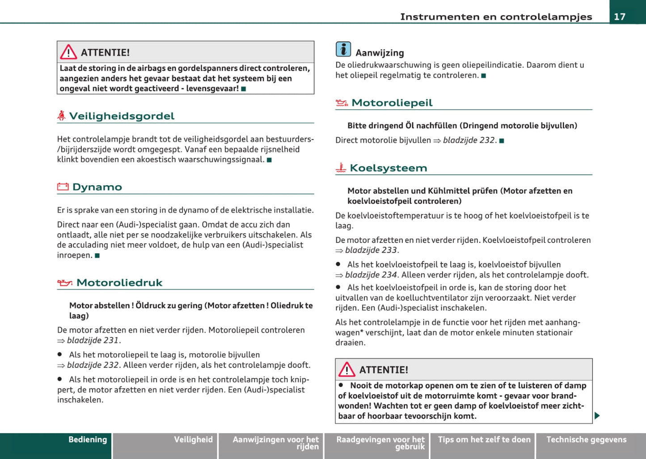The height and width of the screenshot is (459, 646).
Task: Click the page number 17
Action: [620, 17]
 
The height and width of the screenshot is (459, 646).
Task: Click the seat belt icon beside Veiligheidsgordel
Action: [62, 116]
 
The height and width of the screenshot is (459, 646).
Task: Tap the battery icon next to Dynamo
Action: [63, 187]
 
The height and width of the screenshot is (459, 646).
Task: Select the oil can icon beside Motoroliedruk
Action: [65, 283]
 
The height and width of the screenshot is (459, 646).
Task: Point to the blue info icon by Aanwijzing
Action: [343, 49]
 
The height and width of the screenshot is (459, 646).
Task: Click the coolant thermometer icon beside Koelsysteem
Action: [341, 168]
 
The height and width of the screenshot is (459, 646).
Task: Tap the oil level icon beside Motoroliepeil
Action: [342, 103]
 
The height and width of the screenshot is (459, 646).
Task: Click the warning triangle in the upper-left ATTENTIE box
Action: [68, 52]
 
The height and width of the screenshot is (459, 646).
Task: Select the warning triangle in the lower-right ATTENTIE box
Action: [347, 370]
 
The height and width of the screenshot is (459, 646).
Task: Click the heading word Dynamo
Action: [97, 187]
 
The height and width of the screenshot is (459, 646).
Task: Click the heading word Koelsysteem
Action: [388, 168]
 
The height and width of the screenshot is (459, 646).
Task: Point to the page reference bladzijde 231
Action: [93, 340]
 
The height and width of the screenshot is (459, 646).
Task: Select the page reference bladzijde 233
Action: [371, 250]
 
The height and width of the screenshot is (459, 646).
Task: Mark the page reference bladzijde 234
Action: [371, 275]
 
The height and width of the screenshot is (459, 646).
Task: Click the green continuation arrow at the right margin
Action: [597, 416]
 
